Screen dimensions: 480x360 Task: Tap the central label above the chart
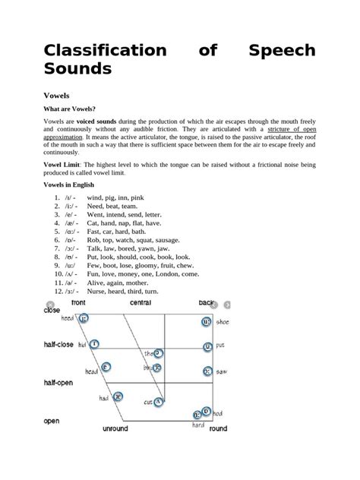tap(141, 303)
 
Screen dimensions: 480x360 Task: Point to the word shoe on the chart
tap(223, 322)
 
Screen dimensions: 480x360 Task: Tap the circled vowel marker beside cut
tap(159, 402)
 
